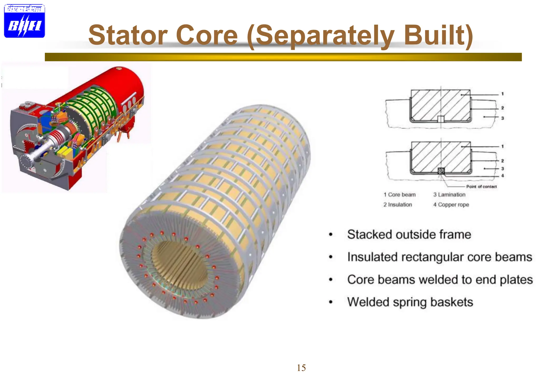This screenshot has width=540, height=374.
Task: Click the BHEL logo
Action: click(x=24, y=21)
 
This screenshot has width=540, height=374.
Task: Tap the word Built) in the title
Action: click(x=438, y=35)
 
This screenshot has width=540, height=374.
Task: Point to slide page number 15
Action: click(x=301, y=368)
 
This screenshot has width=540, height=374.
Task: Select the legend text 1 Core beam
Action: click(x=399, y=195)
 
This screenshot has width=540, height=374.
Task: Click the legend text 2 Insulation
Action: click(x=398, y=205)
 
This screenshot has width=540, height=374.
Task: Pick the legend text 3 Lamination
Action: click(x=449, y=195)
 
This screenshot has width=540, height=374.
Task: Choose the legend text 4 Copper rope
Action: click(x=451, y=205)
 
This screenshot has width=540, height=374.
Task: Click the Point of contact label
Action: click(x=481, y=186)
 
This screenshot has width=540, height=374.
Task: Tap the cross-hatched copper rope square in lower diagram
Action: click(x=441, y=171)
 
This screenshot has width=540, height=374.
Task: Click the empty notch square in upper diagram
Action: click(x=441, y=119)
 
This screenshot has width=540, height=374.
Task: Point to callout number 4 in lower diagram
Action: click(x=503, y=176)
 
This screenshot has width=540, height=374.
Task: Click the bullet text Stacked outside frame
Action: click(x=409, y=234)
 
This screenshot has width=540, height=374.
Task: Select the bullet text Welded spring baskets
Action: click(x=410, y=302)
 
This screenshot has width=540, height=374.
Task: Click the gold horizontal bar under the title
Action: click(x=283, y=57)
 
